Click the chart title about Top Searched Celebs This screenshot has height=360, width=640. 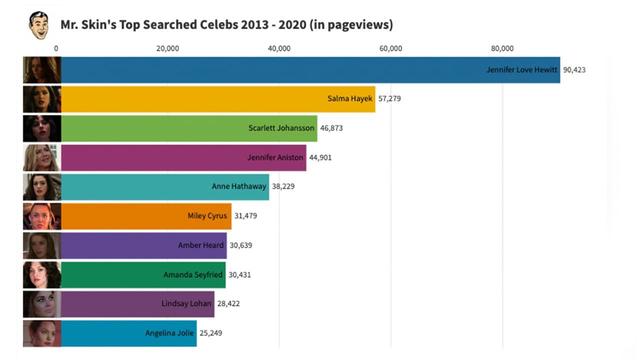pos(226,24)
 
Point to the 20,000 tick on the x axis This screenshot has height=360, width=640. pos(168,48)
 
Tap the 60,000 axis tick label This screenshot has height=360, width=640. pos(391,48)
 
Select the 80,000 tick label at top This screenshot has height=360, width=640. pos(503,48)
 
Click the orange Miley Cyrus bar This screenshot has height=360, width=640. pos(146,215)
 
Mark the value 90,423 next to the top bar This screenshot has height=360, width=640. pos(575,70)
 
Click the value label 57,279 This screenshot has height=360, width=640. pos(390,99)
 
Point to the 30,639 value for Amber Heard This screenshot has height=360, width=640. pos(241,245)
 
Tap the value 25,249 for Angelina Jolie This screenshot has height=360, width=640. pos(211,332)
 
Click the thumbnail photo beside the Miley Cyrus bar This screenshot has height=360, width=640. pos(42,215)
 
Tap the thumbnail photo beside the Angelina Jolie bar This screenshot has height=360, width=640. pos(42,332)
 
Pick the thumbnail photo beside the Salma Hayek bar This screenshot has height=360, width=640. pos(42,99)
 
